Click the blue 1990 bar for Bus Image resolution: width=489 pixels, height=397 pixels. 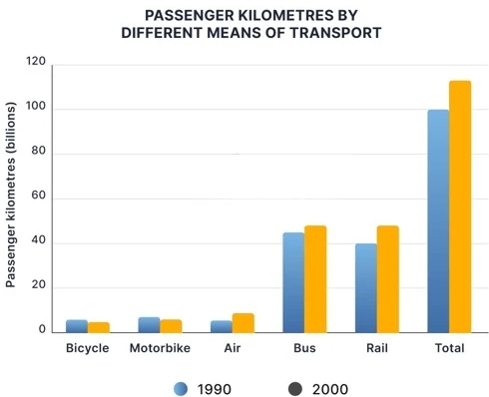[293, 283]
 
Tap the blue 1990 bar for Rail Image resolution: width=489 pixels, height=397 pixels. [365, 288]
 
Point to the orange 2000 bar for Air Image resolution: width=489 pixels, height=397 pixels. [244, 322]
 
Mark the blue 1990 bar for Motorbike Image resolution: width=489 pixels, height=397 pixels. [149, 324]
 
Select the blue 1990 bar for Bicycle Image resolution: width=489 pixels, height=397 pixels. [77, 325]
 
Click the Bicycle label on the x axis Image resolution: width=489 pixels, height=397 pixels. [88, 349]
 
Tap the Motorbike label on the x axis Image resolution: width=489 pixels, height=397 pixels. [160, 349]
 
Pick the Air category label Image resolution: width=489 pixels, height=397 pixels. [233, 349]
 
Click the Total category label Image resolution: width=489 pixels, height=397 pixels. [449, 349]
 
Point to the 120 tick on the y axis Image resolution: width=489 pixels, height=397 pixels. [36, 62]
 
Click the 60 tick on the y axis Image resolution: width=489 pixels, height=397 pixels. [39, 197]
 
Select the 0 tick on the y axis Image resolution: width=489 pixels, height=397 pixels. [43, 328]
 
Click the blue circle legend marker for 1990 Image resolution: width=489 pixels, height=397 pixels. [181, 388]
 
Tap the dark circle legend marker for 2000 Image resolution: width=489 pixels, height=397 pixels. [296, 388]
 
